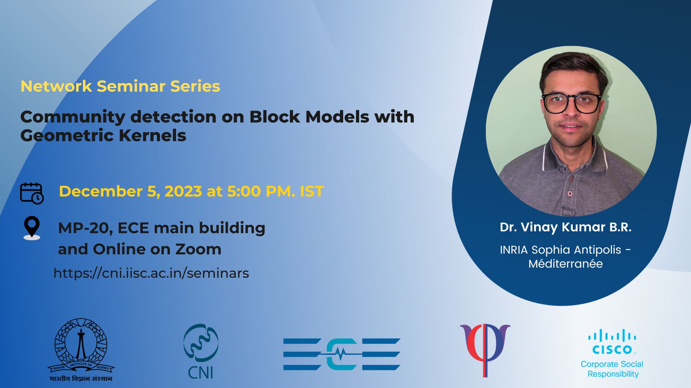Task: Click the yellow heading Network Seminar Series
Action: (120, 86)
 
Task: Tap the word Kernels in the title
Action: (152, 135)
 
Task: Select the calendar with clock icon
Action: (32, 193)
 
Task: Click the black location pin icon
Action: (32, 227)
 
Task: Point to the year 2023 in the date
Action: (183, 191)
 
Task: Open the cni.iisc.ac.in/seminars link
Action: (151, 273)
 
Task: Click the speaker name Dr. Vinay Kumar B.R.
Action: (565, 227)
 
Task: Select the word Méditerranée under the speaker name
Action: (565, 264)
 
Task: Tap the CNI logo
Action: (201, 351)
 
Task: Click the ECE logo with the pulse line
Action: (342, 354)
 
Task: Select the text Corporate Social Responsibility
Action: (612, 369)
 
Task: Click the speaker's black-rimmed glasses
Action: (571, 103)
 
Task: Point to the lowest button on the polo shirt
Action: (570, 194)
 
